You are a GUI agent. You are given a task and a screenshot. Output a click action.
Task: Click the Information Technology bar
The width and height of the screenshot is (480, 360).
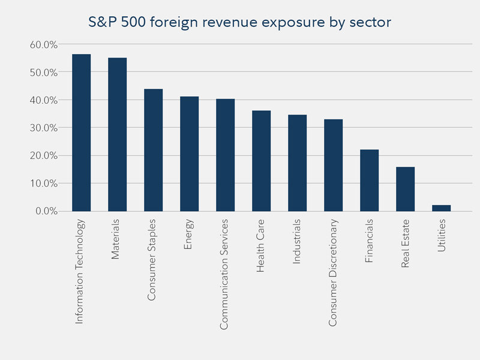(81, 133)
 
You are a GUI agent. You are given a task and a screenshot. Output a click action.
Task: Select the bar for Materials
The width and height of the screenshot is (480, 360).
(117, 134)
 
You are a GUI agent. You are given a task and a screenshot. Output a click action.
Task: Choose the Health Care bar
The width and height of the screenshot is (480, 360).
(261, 161)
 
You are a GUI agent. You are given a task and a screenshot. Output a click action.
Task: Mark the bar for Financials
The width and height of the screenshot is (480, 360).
(369, 180)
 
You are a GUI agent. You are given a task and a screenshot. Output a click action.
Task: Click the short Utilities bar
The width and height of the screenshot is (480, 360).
(441, 208)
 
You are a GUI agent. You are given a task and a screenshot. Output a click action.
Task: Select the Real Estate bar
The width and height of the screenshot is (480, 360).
(405, 189)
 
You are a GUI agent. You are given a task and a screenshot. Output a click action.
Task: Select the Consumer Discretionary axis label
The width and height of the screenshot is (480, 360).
(333, 272)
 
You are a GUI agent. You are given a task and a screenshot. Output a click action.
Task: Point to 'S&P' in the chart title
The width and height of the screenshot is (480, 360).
(101, 23)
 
